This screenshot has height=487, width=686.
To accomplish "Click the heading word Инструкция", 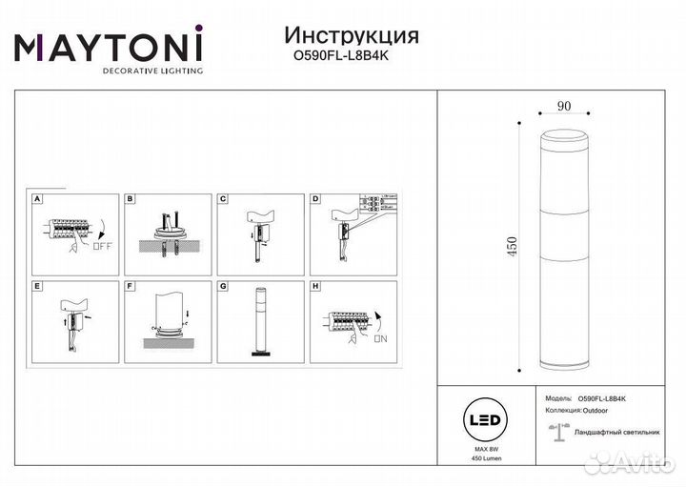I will click(352, 35).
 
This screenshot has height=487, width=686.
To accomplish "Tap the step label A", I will click(36, 199).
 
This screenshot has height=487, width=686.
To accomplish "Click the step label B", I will click(131, 199).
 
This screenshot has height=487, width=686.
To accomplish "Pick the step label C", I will click(222, 199).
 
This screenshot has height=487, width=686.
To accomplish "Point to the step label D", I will click(314, 199).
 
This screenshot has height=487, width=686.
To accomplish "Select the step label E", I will click(36, 284).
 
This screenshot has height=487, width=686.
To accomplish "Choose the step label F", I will click(131, 284).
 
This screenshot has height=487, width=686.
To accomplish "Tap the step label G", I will click(222, 284).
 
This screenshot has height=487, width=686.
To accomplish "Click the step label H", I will click(314, 284).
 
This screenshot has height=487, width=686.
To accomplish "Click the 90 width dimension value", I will click(564, 107).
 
